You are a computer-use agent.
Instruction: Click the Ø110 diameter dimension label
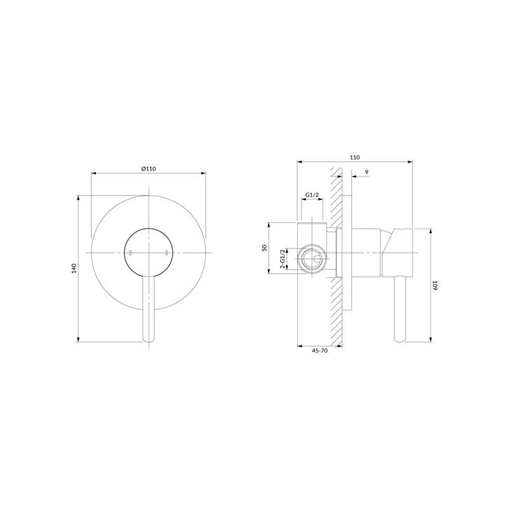[x=149, y=168]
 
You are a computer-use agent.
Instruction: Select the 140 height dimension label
[x=74, y=269]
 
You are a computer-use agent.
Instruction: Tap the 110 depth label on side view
[x=355, y=157]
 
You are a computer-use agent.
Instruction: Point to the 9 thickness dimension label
[x=366, y=172]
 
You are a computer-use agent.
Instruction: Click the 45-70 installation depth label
[x=320, y=351]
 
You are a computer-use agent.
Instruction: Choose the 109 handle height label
[x=435, y=285]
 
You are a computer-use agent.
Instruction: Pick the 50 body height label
[x=264, y=248]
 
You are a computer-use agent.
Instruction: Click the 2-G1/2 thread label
[x=283, y=259]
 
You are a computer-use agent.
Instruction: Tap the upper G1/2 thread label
[x=312, y=195]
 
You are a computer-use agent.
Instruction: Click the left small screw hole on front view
[x=130, y=253]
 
